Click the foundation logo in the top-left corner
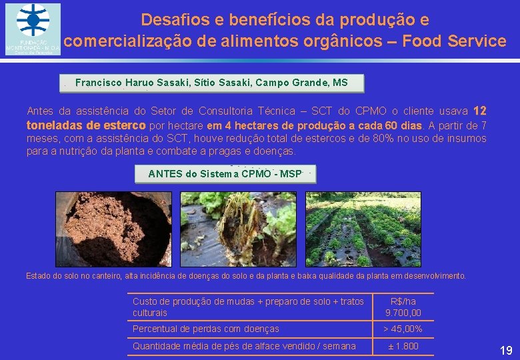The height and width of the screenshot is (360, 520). point(33,29)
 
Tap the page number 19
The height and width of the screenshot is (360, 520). point(506,350)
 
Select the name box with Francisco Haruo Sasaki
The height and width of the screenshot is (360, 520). point(211,83)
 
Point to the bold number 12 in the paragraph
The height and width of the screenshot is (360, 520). point(479,111)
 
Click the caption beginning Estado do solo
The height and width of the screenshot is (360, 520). point(246,275)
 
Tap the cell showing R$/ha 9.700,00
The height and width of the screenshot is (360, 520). point(403,307)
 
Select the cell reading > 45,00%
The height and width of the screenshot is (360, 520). point(403,329)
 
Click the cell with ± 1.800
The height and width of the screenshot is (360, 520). point(403,346)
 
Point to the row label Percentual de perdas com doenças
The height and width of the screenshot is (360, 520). point(206,329)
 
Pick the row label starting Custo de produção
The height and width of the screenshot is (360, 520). point(248,307)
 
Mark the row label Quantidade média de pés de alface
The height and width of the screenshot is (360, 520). point(244,346)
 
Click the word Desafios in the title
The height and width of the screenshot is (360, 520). point(171,19)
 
